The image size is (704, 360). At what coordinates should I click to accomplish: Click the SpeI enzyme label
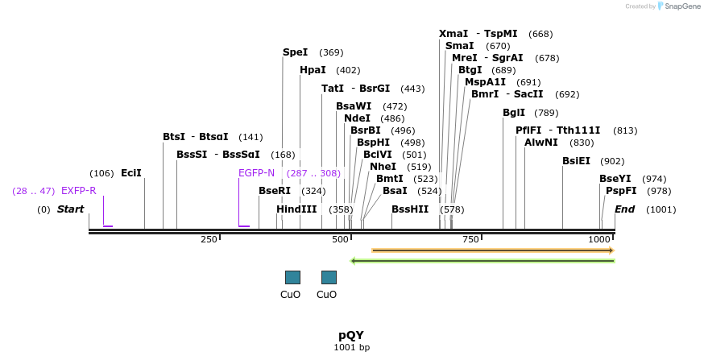(x=295, y=52)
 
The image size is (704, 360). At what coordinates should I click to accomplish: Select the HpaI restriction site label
(x=313, y=70)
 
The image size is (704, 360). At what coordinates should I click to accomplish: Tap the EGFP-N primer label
(x=256, y=173)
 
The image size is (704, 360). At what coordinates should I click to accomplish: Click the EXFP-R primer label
(x=79, y=191)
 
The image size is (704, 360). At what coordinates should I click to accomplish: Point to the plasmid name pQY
(x=351, y=334)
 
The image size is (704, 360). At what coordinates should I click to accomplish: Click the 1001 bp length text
(x=351, y=348)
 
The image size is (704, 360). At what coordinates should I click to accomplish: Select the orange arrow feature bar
(x=492, y=250)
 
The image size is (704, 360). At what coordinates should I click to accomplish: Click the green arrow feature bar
(x=482, y=260)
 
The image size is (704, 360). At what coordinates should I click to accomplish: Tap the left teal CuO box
(x=292, y=277)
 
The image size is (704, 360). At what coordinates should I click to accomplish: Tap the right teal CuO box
(x=329, y=277)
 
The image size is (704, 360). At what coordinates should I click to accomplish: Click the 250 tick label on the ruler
(x=209, y=240)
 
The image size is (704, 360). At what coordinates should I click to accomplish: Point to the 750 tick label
(x=470, y=240)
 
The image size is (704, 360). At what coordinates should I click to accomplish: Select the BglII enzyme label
(x=514, y=113)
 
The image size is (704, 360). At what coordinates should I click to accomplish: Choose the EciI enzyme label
(x=130, y=173)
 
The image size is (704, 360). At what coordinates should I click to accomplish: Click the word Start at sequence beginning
(x=70, y=209)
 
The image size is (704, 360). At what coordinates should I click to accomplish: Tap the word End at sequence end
(x=625, y=209)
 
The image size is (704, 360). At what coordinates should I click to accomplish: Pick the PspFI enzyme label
(x=621, y=191)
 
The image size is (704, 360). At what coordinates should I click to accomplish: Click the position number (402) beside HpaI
(x=348, y=70)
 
